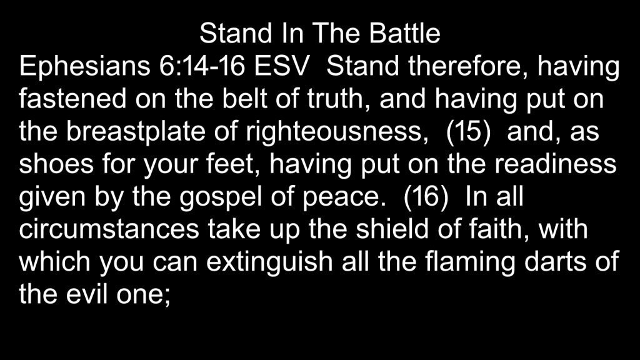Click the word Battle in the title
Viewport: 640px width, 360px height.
(404, 33)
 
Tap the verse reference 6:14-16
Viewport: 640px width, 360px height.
(202, 66)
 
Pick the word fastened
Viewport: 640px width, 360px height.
(72, 99)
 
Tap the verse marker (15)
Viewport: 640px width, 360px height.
(468, 132)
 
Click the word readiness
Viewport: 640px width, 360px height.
(556, 164)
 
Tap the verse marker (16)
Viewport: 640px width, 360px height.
(426, 197)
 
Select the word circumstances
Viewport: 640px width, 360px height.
(109, 229)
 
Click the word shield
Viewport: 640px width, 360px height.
(392, 229)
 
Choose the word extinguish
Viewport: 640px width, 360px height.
(269, 263)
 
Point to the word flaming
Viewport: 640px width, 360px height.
(470, 263)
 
